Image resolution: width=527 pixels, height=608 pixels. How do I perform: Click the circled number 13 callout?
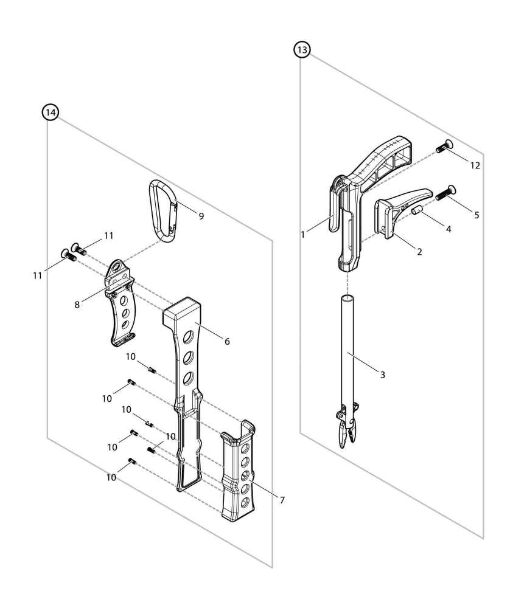point(302,50)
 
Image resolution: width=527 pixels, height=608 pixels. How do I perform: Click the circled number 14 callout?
point(51,112)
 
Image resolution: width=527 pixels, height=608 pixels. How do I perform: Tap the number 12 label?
point(475,165)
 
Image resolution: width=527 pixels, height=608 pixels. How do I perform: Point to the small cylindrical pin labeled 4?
point(418,210)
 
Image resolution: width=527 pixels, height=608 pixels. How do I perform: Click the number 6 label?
point(227,342)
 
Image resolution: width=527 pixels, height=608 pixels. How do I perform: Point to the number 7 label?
point(282,500)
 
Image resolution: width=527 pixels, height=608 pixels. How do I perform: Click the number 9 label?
point(201,215)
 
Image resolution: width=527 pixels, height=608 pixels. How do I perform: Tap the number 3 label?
point(382,375)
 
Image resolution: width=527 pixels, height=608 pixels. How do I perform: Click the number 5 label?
point(476,215)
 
